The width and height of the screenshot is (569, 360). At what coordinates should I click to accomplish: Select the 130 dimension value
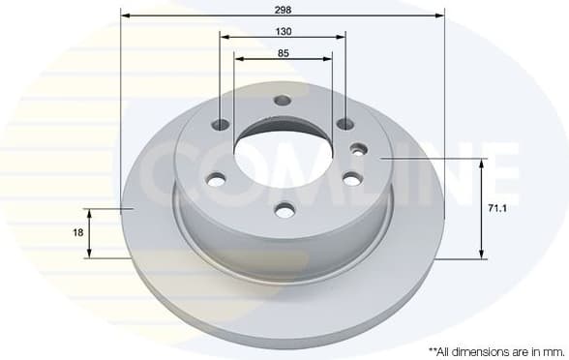[x=283, y=31]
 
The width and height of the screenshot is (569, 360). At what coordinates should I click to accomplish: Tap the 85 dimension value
[x=283, y=53]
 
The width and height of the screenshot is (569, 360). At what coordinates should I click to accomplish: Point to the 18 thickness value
[x=78, y=233]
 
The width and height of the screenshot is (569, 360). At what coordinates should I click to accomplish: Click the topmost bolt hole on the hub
[x=283, y=101]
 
